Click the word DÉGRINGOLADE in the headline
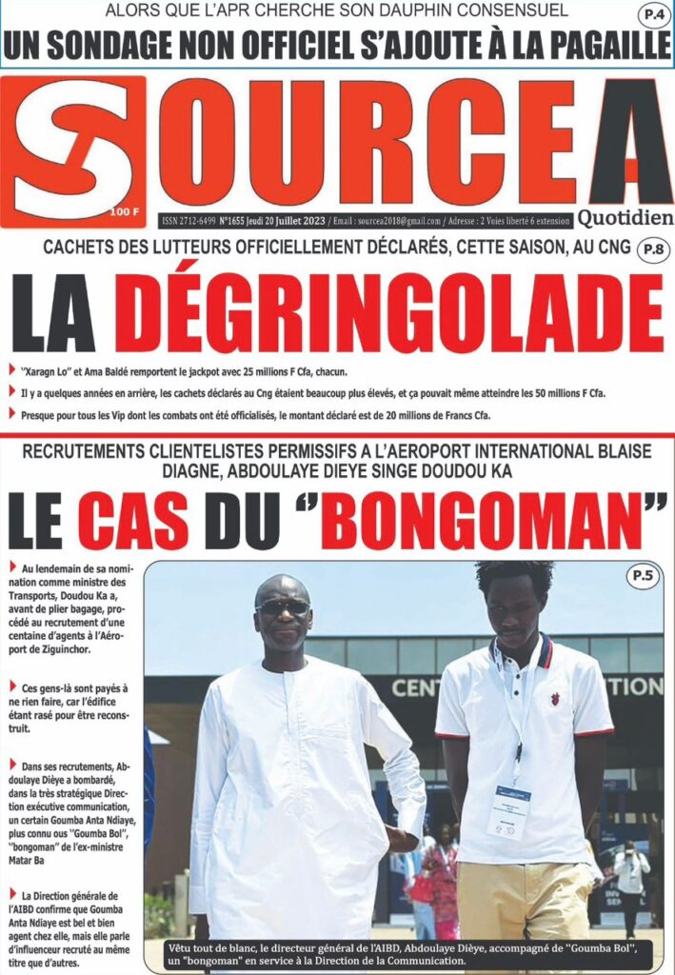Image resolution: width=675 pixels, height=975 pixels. pos(395,313)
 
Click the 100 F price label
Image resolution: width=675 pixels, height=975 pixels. pos(123,211)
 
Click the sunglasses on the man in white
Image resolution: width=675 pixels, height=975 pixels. pos(283,607)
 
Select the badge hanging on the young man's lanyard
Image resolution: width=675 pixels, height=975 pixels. pos(509,811)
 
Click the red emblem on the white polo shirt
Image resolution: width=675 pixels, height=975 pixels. pos(553,699)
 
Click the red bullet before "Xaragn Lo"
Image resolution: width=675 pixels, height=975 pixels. pos(11,368)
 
